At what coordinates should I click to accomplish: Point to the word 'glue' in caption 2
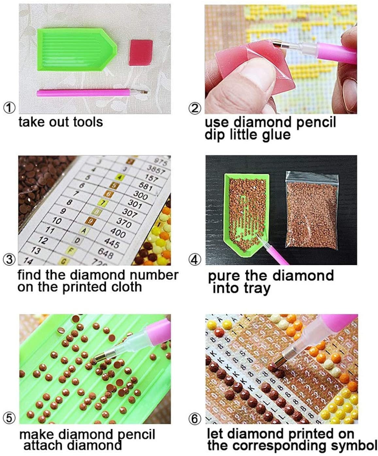pos(274,134)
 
